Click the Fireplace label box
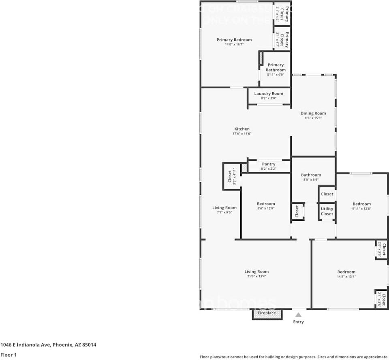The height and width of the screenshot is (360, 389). point(267,313)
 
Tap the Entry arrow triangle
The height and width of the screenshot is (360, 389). point(298,315)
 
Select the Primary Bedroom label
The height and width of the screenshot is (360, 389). point(234,40)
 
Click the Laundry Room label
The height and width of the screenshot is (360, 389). point(269,94)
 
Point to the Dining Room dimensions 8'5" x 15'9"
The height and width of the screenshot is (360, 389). point(313,118)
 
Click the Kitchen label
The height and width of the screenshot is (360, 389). point(242,129)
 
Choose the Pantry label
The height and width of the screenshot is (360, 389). point(268,164)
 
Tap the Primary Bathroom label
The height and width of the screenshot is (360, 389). point(276,67)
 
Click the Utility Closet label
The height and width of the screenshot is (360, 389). point(327,211)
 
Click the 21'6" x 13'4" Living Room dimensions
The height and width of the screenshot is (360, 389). point(256,277)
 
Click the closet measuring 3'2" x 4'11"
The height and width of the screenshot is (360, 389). point(231,176)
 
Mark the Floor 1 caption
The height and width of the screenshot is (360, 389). point(9,355)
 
